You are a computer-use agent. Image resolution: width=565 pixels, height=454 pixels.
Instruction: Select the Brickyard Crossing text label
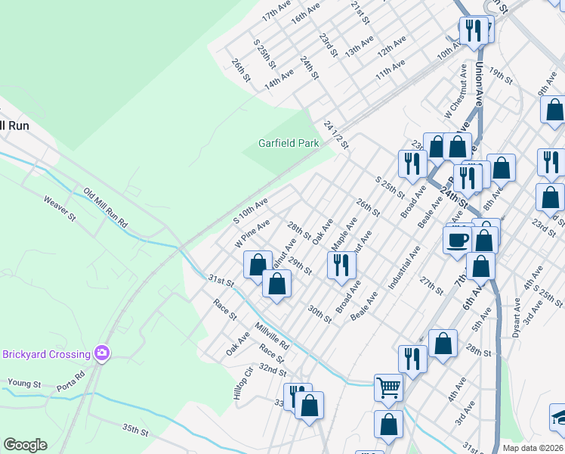tap(46, 353)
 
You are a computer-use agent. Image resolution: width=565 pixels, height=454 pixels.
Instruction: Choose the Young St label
tap(24, 384)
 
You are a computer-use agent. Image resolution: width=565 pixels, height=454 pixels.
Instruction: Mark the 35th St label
tap(136, 431)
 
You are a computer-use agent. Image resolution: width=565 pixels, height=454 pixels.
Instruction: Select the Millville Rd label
tap(272, 335)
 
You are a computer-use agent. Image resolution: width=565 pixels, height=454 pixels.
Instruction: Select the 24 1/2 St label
tap(334, 134)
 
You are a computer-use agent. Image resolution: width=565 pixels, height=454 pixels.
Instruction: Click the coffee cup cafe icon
tap(456, 240)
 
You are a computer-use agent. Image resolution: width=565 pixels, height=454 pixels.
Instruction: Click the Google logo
tap(25, 445)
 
